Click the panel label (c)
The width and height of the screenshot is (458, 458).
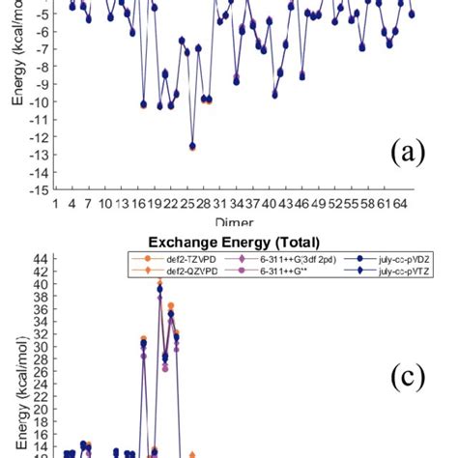(x=406, y=378)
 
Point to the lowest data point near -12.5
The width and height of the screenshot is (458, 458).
(x=192, y=146)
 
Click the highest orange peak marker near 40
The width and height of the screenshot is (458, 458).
(x=160, y=282)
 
